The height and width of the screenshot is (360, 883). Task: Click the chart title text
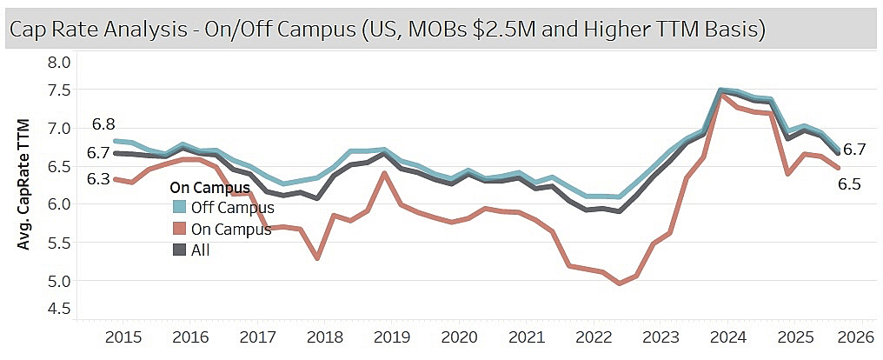click(387, 30)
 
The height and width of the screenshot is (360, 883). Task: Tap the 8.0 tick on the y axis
click(58, 63)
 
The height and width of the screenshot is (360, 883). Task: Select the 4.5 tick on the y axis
click(58, 308)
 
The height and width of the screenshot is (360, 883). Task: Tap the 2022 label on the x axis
click(594, 337)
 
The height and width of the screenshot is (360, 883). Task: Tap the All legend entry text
click(201, 250)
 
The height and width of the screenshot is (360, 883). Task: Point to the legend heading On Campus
click(210, 187)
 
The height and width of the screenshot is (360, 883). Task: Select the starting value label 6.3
click(99, 179)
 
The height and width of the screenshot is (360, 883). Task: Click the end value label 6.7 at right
click(854, 150)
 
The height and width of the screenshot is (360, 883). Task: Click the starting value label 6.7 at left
click(99, 153)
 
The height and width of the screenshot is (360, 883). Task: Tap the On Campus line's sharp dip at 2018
click(317, 258)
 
